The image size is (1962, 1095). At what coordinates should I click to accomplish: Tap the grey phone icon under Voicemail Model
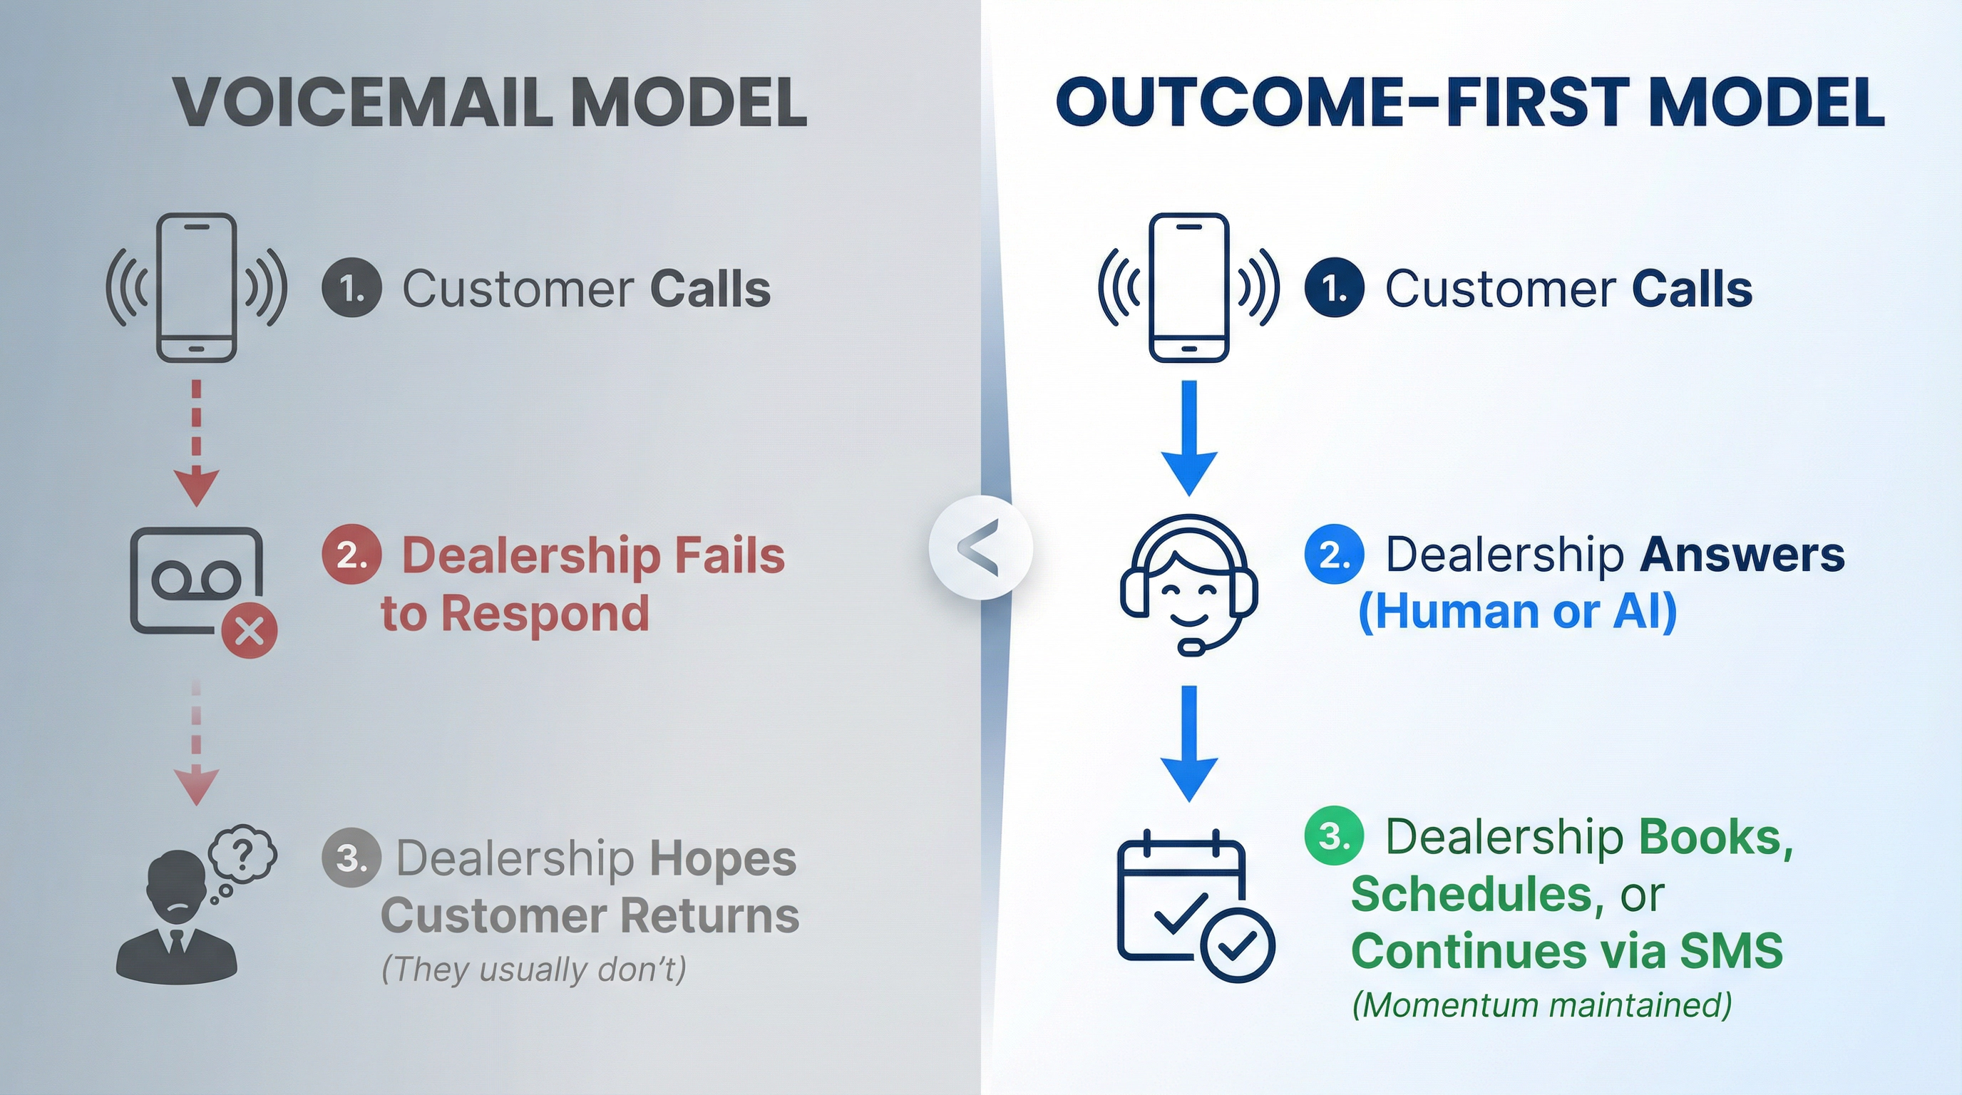197,288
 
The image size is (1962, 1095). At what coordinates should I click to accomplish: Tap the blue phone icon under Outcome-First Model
1189,288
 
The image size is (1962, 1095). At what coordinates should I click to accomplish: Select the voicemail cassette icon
196,580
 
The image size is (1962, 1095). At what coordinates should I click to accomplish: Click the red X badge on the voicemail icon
249,631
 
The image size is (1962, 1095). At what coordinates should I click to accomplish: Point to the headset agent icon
1189,583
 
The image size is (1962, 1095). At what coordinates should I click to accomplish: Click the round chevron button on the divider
980,547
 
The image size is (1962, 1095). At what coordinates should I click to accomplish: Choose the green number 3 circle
1334,836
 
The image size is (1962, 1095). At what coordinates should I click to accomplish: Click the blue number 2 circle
1334,555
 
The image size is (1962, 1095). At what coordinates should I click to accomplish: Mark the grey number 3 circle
351,858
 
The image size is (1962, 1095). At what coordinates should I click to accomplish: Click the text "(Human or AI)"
1517,612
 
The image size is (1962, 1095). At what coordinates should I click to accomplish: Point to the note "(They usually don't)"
534,969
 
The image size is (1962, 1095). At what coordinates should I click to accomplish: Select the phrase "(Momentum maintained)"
1541,1004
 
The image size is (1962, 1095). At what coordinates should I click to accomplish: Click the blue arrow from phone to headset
1189,438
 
